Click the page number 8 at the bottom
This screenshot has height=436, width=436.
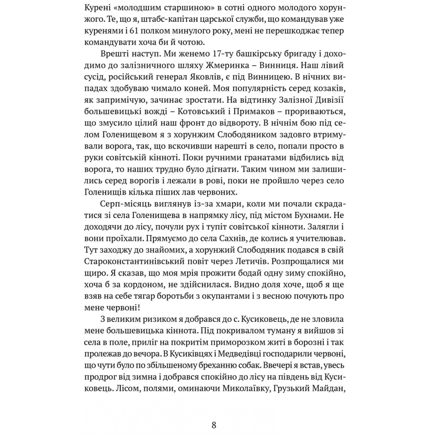214,425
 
